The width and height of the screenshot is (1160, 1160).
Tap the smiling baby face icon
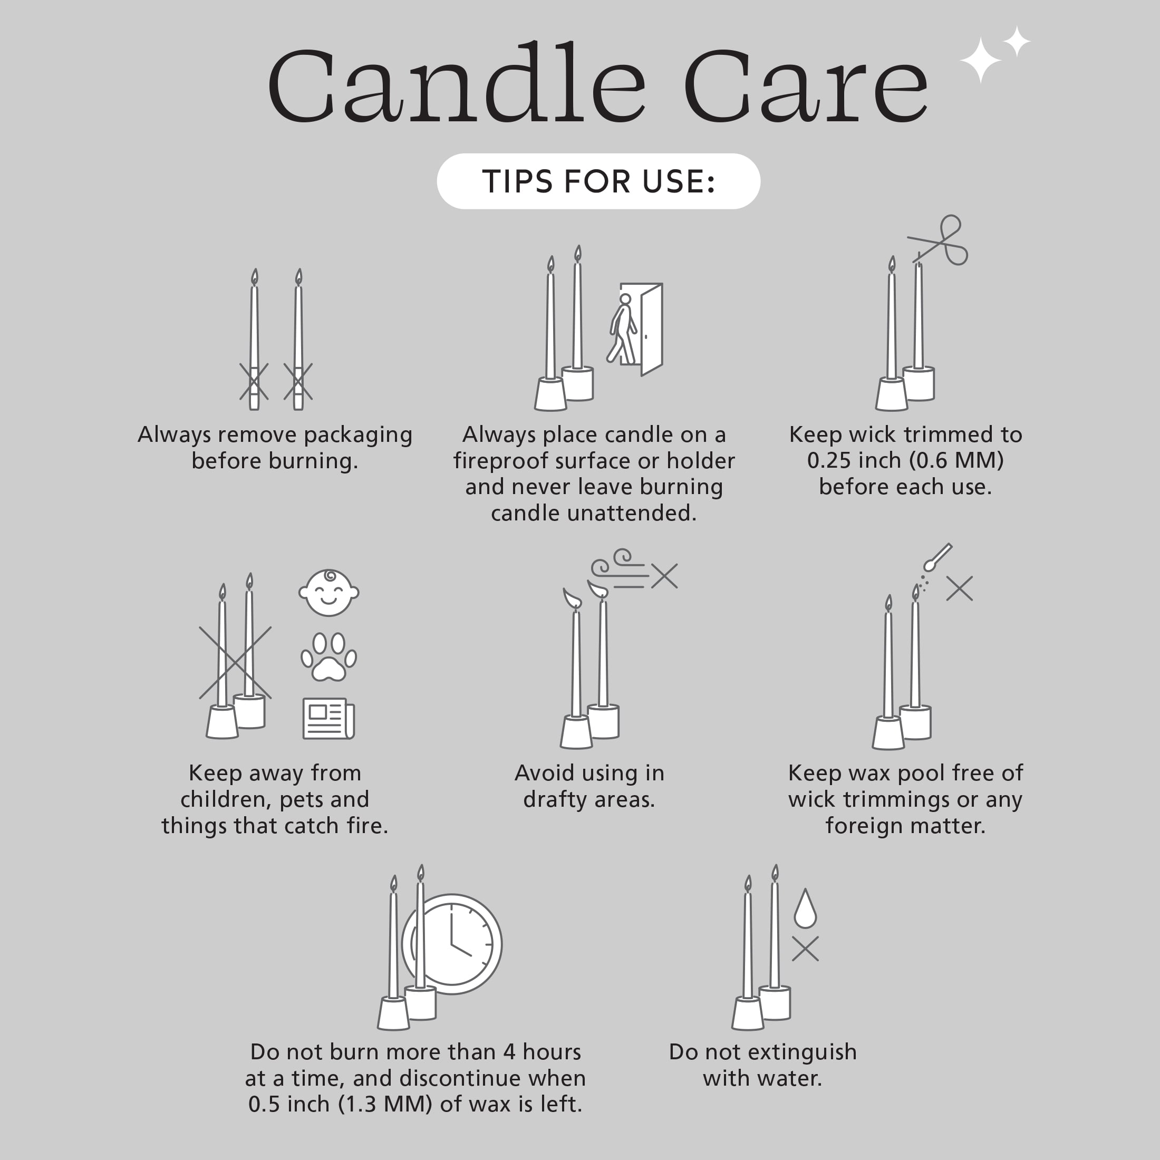click(328, 593)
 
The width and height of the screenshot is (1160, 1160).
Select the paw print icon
click(328, 657)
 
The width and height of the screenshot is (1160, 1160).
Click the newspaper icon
click(328, 718)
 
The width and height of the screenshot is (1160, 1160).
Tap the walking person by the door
click(623, 329)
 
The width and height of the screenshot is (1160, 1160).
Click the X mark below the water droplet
click(805, 949)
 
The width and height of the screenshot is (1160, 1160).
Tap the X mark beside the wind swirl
click(664, 576)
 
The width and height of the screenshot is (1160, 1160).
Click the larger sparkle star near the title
click(981, 60)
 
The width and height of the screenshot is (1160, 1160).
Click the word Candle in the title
click(456, 84)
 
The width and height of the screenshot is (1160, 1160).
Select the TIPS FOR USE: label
click(598, 181)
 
